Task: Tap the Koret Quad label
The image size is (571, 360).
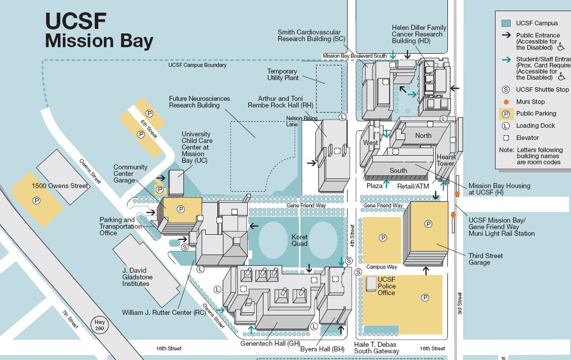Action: (x=299, y=240)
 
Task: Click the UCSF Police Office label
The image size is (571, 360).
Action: (x=387, y=286)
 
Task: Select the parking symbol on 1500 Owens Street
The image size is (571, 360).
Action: (x=36, y=201)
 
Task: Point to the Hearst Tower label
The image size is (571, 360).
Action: (x=446, y=160)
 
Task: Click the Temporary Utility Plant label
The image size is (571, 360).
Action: (x=283, y=75)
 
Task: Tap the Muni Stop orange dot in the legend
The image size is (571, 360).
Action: (x=506, y=101)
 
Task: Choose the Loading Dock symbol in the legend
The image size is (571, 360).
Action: (x=506, y=126)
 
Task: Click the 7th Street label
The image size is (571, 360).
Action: (x=70, y=319)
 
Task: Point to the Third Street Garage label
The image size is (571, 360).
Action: (x=485, y=259)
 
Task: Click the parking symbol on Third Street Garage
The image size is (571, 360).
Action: (x=428, y=224)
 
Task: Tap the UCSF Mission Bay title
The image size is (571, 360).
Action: (x=99, y=30)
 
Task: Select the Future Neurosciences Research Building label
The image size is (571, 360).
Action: (x=199, y=102)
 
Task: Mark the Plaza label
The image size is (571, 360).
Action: (x=374, y=186)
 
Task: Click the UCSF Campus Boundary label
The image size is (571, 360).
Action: (x=198, y=65)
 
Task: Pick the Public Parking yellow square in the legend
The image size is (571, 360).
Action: (x=506, y=114)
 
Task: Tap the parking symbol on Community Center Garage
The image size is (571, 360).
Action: (x=181, y=209)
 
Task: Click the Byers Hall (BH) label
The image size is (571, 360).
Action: (x=329, y=349)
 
